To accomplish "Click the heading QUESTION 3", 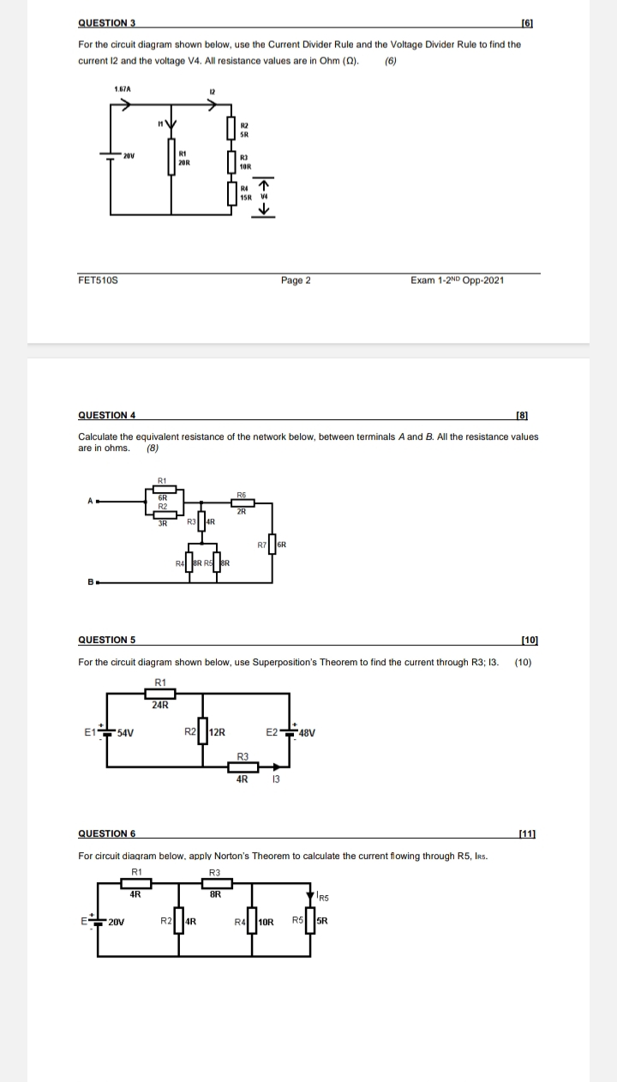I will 107,22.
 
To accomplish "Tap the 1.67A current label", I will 123,88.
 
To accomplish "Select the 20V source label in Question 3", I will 129,156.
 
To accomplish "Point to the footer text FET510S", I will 98,280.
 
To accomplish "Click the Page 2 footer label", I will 296,280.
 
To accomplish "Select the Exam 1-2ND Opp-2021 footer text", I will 458,280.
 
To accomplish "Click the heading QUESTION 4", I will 107,415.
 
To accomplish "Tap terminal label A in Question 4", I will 88,502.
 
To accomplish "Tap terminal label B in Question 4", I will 88,582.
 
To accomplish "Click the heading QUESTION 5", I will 107,640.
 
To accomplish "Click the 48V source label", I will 307,733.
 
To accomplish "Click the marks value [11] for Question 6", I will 528,833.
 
